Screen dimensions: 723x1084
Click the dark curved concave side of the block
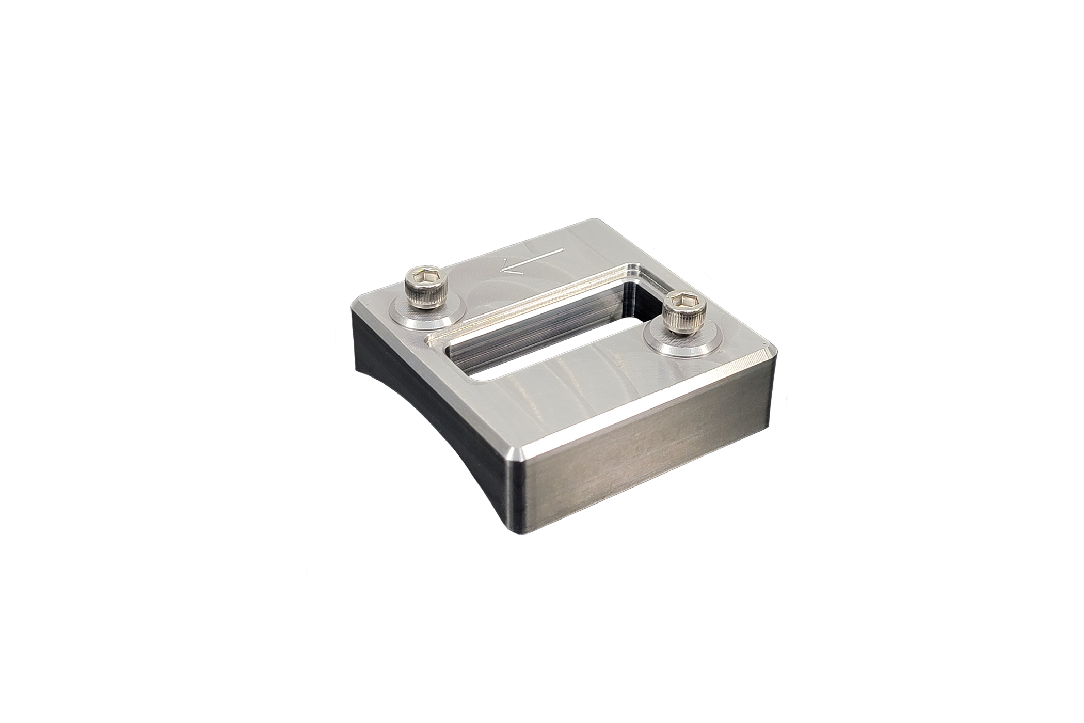coord(423,413)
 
